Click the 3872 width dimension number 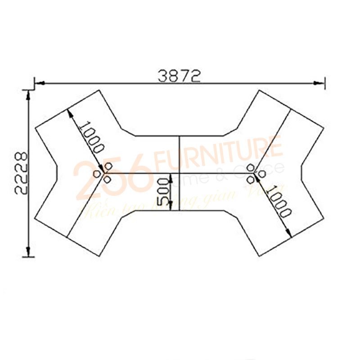click(179, 76)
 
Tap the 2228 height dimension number click(21, 173)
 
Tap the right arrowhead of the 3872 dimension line click(320, 83)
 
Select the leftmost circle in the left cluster click(98, 173)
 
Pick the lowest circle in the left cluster click(107, 180)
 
